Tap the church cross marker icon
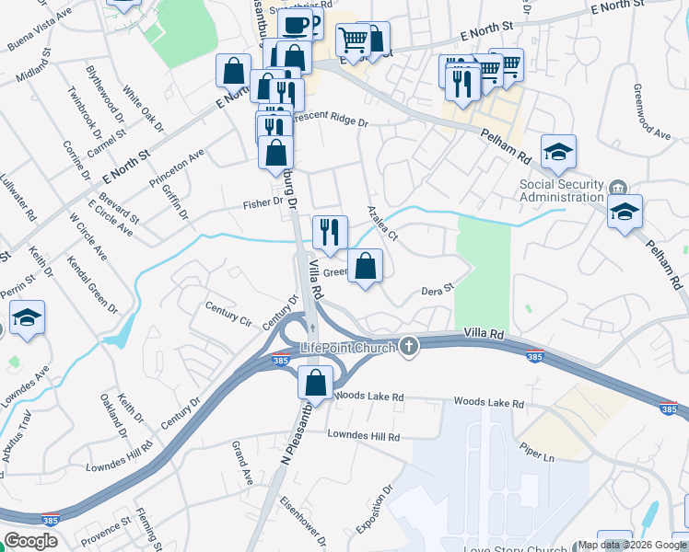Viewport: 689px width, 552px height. (x=410, y=347)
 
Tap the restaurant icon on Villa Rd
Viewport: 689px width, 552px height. (x=330, y=232)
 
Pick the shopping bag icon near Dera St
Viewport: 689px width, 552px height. (x=366, y=268)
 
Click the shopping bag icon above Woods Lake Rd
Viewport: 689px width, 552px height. (x=315, y=383)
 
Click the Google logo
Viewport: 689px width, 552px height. (x=30, y=541)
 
